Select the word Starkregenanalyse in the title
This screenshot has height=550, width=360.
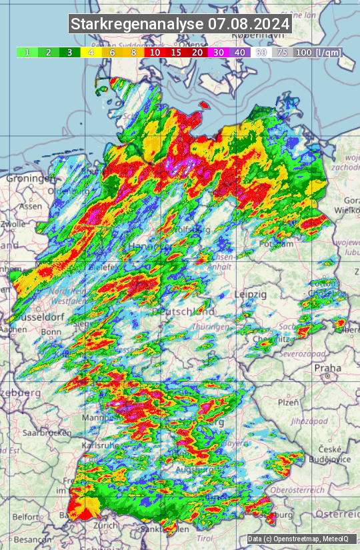[137, 25]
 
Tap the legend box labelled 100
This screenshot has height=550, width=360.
[303, 52]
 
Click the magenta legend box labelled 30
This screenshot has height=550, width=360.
[218, 52]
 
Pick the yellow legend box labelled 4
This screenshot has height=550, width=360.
[90, 52]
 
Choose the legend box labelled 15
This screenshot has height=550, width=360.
[176, 52]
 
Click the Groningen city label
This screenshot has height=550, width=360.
[30, 179]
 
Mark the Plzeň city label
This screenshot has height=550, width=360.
[288, 402]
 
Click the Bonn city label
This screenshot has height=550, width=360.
[51, 332]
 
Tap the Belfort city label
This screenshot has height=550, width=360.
[27, 517]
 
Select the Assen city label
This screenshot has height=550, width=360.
[30, 207]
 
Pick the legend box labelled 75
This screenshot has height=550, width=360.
[282, 52]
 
